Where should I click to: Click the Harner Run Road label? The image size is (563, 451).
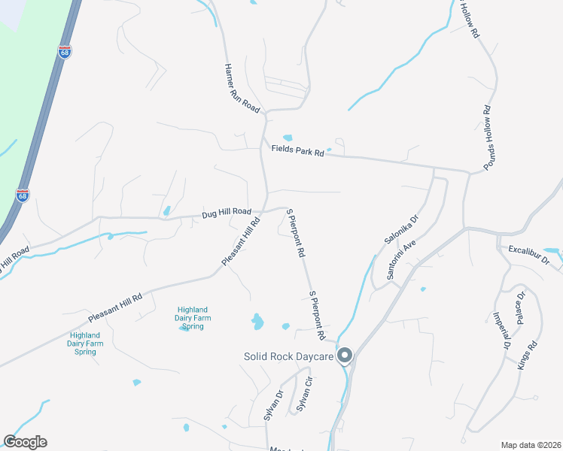coord(242,88)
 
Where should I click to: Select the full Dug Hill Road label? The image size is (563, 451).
coord(226,213)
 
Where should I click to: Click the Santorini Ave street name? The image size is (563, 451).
coord(402,261)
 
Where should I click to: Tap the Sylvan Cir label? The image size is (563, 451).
coord(303,395)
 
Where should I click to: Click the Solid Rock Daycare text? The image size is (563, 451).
coord(288,356)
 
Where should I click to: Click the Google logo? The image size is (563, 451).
coord(25,442)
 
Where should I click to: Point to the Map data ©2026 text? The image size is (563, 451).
coord(531,444)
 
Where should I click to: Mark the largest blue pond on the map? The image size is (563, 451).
coord(258,322)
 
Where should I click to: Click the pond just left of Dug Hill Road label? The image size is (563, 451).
coord(166,211)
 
